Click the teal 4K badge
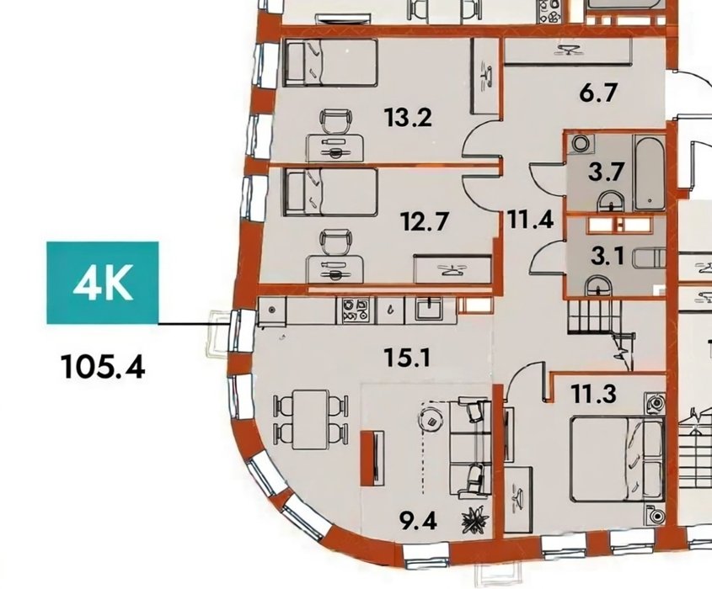(x=103, y=283)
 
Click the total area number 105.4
(x=103, y=367)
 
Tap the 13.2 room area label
(x=408, y=118)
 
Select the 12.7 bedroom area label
(x=425, y=221)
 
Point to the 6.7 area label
(x=598, y=93)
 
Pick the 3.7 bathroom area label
(x=606, y=172)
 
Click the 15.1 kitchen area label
(x=407, y=358)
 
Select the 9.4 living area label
(x=418, y=521)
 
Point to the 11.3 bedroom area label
(x=594, y=394)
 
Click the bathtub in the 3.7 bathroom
(x=650, y=172)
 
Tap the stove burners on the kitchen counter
(x=356, y=310)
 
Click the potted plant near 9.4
(x=475, y=521)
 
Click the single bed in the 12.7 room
(x=330, y=192)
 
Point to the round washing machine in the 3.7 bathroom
(x=580, y=144)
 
